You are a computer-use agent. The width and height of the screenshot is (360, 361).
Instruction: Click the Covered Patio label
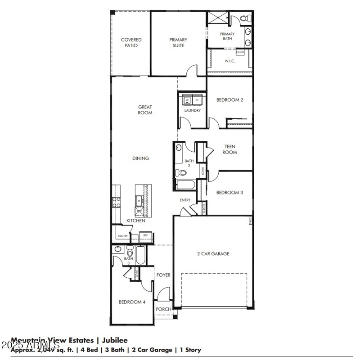point(131,43)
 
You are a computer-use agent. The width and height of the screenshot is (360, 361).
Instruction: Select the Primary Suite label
point(178,43)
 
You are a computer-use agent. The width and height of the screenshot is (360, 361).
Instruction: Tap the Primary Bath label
point(227,36)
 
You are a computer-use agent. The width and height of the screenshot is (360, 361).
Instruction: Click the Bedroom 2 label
point(229,100)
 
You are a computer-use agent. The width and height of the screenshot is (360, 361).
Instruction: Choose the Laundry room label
point(192,110)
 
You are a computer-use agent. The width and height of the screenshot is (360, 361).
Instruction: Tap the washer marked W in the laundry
point(187,100)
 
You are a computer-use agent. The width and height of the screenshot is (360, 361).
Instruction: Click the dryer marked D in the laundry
point(197,100)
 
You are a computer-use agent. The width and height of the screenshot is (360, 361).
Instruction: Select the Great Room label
point(145,110)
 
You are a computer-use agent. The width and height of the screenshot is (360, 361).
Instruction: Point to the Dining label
point(140,158)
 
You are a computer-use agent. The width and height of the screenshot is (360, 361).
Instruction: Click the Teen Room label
point(229,149)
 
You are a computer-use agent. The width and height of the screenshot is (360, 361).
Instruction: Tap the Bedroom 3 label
point(229,193)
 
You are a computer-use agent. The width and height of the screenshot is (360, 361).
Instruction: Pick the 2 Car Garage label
point(213,254)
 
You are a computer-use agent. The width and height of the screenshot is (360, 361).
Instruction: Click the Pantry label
point(122,236)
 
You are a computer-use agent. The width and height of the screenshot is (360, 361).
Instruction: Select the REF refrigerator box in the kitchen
point(145,235)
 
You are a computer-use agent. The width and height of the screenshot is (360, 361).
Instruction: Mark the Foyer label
point(163,275)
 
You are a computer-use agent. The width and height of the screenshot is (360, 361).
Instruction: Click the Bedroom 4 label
point(132,302)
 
